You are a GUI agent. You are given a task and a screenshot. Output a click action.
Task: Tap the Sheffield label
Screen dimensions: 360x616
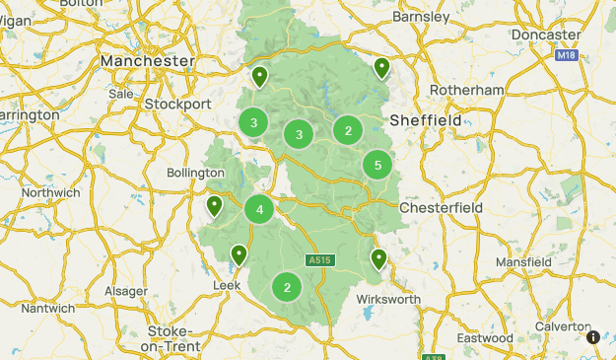pos(426,120)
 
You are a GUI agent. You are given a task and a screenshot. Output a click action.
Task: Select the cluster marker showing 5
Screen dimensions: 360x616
pos(377,166)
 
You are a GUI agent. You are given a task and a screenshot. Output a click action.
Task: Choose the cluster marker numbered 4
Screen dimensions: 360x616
pos(259,209)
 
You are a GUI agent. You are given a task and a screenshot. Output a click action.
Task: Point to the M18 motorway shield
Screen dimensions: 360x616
pos(565,56)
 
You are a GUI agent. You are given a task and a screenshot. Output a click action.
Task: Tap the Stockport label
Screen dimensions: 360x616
pos(177,104)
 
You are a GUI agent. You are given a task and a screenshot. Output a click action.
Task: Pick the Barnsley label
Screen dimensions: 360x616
pos(421,17)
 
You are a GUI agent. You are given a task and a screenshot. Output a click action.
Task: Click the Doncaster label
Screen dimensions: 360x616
pos(546,35)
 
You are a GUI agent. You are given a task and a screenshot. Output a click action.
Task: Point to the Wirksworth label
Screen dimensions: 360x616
pos(388,299)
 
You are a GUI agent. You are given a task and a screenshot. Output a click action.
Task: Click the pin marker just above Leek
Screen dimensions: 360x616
pos(239,255)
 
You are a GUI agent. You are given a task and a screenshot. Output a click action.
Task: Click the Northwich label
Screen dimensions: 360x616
pos(49,192)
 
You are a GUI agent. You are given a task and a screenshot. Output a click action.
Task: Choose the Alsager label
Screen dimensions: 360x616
pos(126,291)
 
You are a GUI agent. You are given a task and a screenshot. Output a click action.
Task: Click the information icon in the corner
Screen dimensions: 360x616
pos(593,336)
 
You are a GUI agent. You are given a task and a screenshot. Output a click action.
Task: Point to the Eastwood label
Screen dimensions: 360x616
pos(485,337)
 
